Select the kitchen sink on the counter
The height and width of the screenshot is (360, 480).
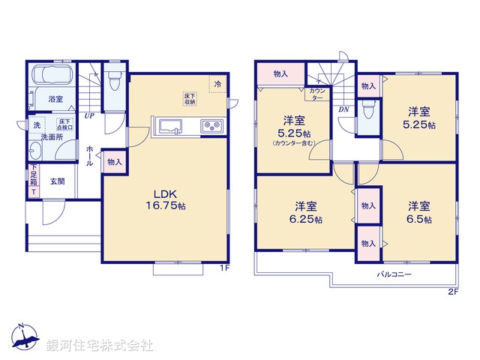pos(168,126)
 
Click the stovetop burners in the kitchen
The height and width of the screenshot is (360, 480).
pos(210,126)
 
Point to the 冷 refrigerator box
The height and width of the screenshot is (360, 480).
pos(217,84)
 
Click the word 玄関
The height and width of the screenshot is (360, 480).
pos(58,181)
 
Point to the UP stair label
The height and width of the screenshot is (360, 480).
pos(88,116)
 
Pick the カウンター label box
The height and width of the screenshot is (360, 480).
pos(316,94)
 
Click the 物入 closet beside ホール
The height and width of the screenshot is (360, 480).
pos(115,162)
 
